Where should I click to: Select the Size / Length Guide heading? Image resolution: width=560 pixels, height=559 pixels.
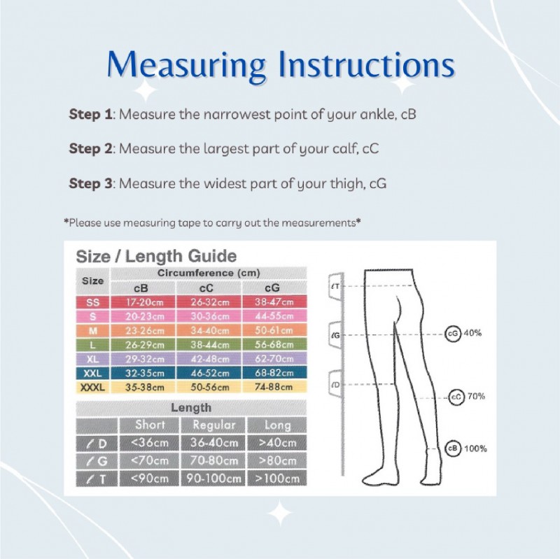[156, 256]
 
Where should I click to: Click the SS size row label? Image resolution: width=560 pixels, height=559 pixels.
[92, 303]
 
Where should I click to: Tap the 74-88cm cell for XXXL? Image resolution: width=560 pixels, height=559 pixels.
[274, 387]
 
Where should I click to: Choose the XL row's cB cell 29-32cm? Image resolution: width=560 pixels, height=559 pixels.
[145, 359]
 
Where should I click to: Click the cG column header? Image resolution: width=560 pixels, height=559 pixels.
[273, 288]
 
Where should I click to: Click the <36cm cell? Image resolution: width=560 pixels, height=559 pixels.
[149, 442]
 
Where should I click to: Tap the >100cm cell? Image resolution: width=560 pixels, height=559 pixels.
[277, 479]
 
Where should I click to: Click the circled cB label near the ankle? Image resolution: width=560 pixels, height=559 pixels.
[453, 448]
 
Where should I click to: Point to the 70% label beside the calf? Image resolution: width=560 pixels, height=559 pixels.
[477, 397]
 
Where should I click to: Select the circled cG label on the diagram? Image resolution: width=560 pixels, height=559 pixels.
[452, 334]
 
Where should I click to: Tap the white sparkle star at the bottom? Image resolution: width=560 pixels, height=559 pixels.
[280, 513]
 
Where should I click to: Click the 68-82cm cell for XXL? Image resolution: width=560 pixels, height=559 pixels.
[274, 373]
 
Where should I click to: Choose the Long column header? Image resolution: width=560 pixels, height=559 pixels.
[277, 425]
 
